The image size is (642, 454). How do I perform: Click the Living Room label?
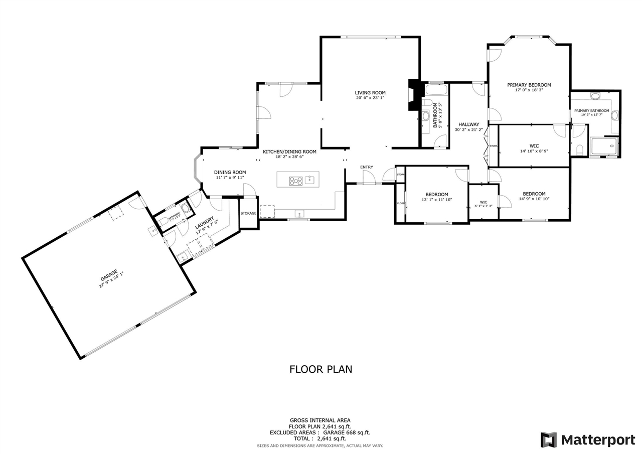click(370, 93)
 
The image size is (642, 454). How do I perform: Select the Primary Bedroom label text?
click(529, 85)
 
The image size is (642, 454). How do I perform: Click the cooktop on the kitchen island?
click(295, 181)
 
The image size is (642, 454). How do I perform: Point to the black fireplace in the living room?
click(414, 95)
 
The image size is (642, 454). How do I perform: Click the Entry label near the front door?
click(366, 167)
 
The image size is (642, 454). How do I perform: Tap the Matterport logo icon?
click(548, 440)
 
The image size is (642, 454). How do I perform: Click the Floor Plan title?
click(320, 370)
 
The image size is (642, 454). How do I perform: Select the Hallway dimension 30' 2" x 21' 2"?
click(468, 130)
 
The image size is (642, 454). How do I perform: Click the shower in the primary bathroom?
click(604, 146)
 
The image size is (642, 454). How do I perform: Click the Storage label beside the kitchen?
click(248, 214)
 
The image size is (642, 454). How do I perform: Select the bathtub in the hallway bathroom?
click(435, 90)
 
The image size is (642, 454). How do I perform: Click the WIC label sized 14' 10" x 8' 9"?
click(534, 146)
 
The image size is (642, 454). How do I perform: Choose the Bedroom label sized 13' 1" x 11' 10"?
click(436, 195)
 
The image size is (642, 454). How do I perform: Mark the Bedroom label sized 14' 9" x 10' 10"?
click(534, 194)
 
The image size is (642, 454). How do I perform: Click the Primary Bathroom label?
click(591, 111)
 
